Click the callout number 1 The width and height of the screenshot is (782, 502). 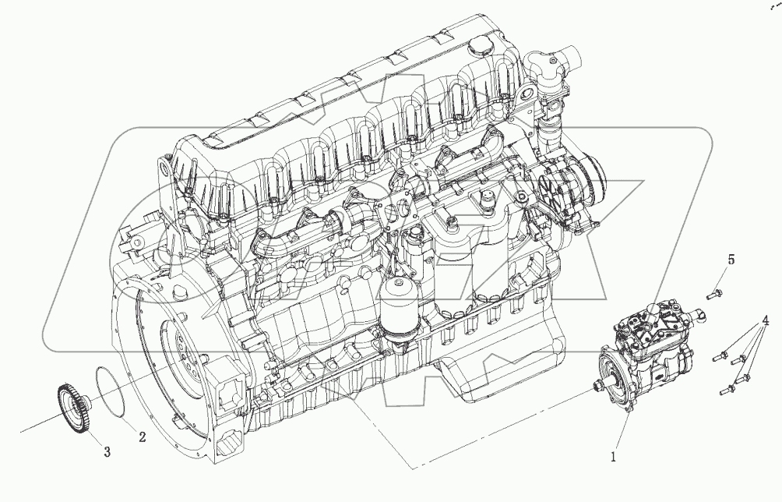[x=614, y=455]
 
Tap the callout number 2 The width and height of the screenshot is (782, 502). [x=142, y=437]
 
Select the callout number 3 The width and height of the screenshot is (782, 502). [x=107, y=452]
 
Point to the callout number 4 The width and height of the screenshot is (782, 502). [x=765, y=320]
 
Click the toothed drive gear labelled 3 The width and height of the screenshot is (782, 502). [x=73, y=405]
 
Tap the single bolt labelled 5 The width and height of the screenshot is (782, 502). [x=714, y=294]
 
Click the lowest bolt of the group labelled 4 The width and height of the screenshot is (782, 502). [x=727, y=388]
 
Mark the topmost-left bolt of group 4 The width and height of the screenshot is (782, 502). [x=720, y=355]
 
